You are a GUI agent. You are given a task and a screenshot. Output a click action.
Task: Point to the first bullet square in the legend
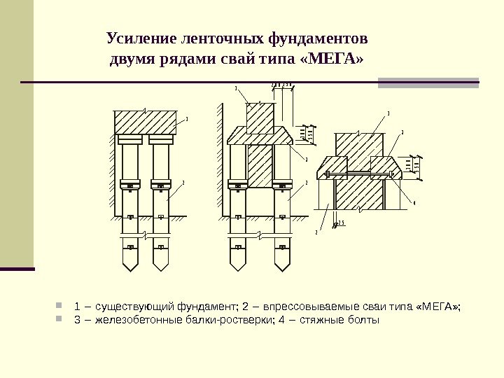pyautogui.click(x=59, y=306)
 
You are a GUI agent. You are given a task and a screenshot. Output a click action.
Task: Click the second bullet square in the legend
pyautogui.click(x=59, y=320)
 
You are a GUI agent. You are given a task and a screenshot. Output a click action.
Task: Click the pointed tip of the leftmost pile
pyautogui.click(x=131, y=269)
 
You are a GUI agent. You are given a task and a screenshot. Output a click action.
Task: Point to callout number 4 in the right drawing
pyautogui.click(x=414, y=203)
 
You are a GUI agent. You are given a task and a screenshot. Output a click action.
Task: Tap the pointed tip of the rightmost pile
pyautogui.click(x=282, y=269)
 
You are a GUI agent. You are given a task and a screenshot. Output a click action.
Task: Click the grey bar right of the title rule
pyautogui.click(x=428, y=83)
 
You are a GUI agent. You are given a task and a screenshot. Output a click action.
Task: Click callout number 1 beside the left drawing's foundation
pyautogui.click(x=187, y=119)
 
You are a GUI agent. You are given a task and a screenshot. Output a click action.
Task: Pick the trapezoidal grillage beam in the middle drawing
pyautogui.click(x=260, y=135)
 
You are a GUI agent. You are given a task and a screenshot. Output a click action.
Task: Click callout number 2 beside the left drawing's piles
pyautogui.click(x=183, y=182)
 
